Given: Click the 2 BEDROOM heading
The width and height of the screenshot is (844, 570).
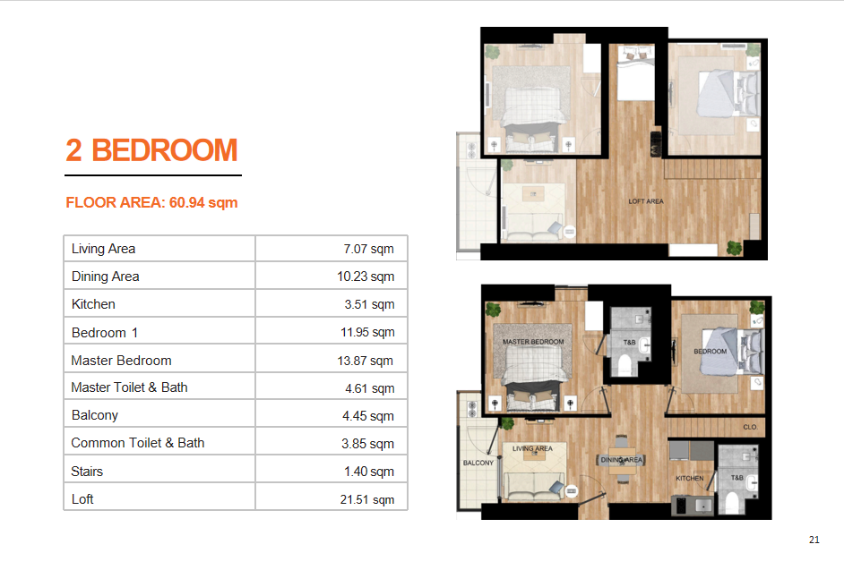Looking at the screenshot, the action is coord(151,150).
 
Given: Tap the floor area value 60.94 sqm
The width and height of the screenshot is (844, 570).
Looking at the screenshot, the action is coord(203,203).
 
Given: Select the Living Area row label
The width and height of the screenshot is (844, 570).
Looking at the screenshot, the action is coord(103,249).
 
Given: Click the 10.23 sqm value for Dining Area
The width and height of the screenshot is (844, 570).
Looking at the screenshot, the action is coord(366,276).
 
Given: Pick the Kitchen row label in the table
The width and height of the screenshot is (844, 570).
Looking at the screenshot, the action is coord(93,304).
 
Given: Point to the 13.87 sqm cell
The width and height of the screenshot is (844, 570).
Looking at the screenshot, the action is coord(365,361).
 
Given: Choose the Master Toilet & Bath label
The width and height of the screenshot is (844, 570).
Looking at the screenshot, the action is coord(129,387).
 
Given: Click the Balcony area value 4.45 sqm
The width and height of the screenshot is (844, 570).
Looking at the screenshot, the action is coord(368,416).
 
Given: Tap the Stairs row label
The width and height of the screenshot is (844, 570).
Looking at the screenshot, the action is coord(87,472).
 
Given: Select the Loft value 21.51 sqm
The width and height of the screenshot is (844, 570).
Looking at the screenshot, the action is coord(367,499).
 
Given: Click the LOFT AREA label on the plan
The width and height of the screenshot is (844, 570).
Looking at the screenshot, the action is coord(646,201).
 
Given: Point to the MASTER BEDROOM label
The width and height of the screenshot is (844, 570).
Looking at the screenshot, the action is coord(533,342).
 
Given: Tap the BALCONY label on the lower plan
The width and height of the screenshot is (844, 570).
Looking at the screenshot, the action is coord(478,463).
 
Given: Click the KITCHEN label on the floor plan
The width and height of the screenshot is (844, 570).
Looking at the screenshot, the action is coord(690,478).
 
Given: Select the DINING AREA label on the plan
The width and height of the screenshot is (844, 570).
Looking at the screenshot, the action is coord(622,460).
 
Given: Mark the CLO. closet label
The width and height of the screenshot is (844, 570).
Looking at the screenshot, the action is coord(750,427).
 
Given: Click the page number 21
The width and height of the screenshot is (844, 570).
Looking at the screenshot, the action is coord(814,540).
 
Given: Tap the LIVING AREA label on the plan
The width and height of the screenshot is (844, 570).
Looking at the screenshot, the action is coord(532,448).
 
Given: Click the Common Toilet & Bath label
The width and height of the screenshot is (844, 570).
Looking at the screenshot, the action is coord(138,443).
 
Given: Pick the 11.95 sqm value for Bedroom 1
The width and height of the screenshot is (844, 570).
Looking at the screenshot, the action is coord(367,332).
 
